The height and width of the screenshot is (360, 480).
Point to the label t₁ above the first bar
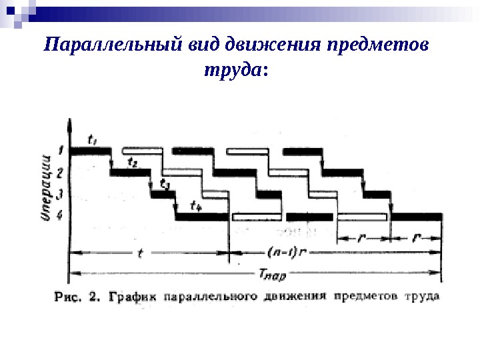(x=92, y=140)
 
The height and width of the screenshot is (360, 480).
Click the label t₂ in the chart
(x=133, y=162)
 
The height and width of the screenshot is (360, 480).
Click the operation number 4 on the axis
(x=61, y=215)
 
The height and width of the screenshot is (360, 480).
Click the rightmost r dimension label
(x=416, y=237)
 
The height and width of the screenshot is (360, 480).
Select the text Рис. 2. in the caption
(x=77, y=296)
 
